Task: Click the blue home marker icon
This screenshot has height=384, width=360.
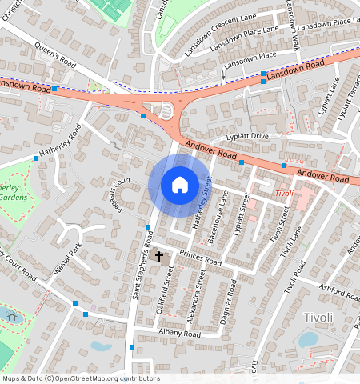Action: [x=180, y=185]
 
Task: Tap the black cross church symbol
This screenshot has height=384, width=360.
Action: [x=159, y=257]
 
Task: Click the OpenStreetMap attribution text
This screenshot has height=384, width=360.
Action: [x=81, y=378]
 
